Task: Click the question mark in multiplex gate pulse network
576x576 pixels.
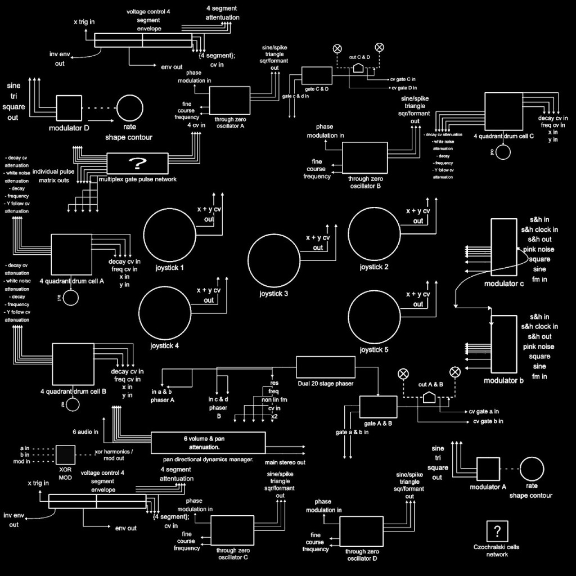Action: [137, 164]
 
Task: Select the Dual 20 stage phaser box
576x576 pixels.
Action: [326, 367]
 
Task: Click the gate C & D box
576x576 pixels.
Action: [317, 76]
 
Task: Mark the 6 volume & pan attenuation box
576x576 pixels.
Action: [208, 443]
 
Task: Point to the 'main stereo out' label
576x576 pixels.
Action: [286, 462]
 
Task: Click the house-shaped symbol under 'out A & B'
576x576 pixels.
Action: [430, 398]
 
